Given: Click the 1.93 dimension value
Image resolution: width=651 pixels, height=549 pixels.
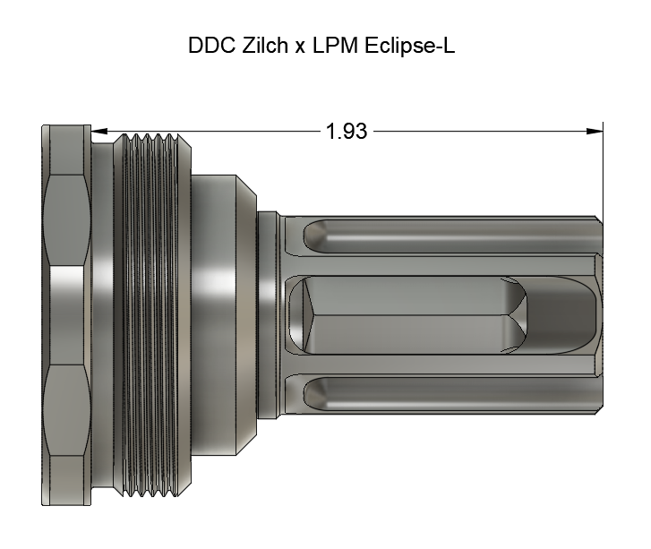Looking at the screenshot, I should (x=346, y=131).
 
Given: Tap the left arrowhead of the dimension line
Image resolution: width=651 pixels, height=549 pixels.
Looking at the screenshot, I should (x=101, y=131).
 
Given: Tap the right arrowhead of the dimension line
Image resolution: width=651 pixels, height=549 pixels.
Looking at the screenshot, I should (x=594, y=131).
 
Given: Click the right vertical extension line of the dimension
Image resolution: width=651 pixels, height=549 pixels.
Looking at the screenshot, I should (x=603, y=170).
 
